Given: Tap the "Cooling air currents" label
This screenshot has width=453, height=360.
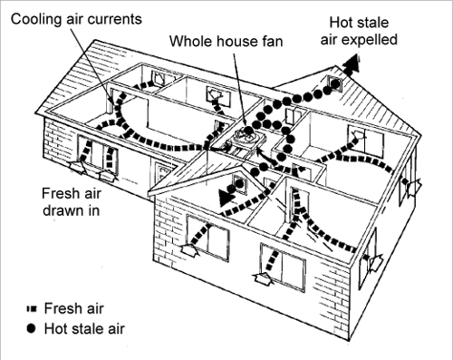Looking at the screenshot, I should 70,17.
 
